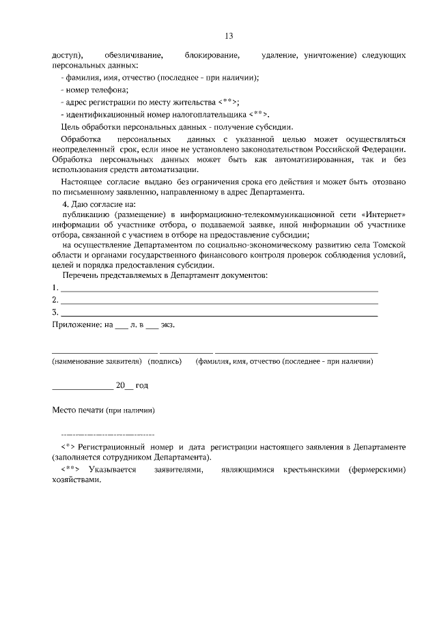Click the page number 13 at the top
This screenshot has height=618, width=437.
point(229,36)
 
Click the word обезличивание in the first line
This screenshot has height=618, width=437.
point(134,54)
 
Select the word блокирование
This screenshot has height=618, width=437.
point(212,54)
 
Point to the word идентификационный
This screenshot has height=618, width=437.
point(102,114)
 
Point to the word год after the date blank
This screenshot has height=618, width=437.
point(141,385)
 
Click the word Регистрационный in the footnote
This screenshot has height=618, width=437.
point(113,447)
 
